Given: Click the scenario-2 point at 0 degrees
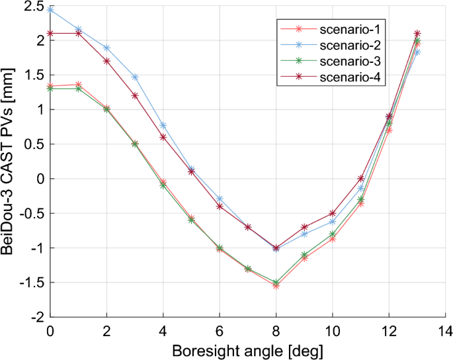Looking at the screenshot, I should click(50, 10).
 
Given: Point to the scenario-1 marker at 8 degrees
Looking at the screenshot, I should click(276, 286).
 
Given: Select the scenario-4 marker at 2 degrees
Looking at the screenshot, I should click(106, 61).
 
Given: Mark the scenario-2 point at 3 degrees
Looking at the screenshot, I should click(135, 77).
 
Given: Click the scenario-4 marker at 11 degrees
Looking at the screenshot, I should click(360, 179).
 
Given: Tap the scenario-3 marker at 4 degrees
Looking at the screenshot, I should click(163, 185).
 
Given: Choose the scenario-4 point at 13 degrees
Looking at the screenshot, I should click(417, 33).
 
